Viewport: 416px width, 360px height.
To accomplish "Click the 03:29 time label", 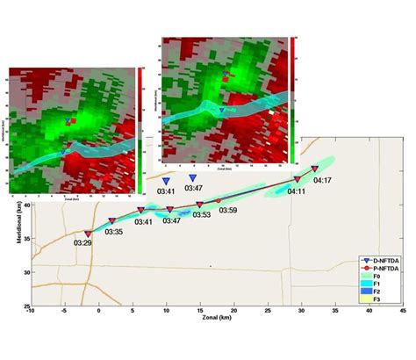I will point(83,243).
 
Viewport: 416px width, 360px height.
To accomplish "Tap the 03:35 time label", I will point(114,232).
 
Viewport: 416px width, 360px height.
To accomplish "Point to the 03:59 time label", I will point(228,211).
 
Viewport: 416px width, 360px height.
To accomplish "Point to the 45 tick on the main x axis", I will point(403,310).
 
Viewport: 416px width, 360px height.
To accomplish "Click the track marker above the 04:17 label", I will point(315,168).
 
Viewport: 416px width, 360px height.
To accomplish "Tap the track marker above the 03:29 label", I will point(88,234).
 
